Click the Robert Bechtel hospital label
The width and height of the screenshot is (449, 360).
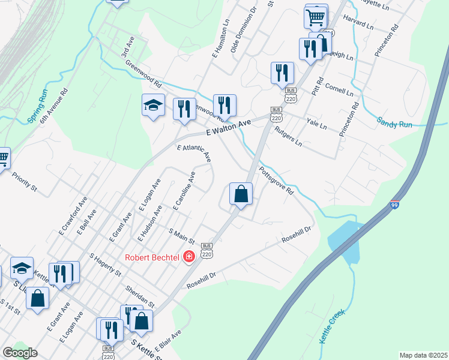(152, 257)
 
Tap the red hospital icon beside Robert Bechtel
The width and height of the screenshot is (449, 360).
(188, 257)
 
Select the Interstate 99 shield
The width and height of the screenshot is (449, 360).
(394, 205)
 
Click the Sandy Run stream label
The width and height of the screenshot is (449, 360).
(394, 122)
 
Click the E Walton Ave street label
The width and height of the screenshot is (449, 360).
(228, 127)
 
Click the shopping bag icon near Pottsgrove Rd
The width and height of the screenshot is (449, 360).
(241, 194)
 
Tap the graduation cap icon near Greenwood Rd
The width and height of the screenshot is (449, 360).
(153, 106)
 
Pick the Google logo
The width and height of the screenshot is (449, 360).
(20, 353)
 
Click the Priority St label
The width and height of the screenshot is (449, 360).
(24, 182)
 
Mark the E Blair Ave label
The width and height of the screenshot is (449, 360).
(168, 340)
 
